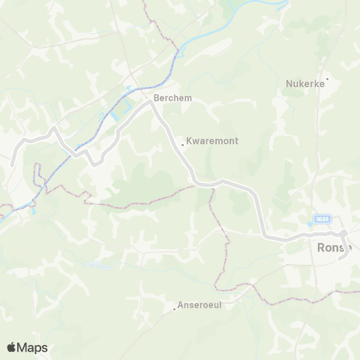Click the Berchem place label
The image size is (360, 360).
[x=168, y=98]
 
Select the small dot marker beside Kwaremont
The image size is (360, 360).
[x=182, y=145]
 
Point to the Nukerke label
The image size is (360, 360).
[x=304, y=84]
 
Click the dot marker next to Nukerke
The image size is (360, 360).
[x=327, y=79]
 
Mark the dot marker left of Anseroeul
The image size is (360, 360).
[x=174, y=307]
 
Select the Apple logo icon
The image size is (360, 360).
[x=11, y=347]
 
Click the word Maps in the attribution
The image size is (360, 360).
[x=32, y=347]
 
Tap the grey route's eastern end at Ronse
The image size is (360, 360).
[x=342, y=259]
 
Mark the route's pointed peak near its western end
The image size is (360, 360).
[x=53, y=128]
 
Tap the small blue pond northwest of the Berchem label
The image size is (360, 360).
[x=129, y=88]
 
